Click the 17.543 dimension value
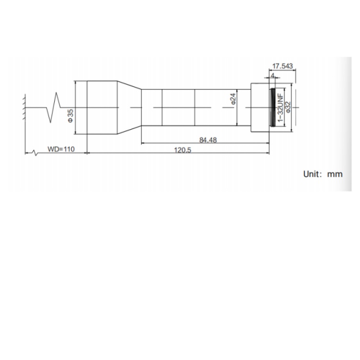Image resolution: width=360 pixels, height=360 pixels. pos(282,66)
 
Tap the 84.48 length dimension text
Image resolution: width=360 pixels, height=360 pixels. pos(208,140)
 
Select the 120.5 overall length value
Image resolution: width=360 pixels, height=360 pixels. pos(182,150)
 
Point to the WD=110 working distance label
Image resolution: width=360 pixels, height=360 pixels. pos(61,149)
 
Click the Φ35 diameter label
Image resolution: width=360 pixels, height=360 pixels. pos(71,116)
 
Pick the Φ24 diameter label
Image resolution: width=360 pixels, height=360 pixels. pos(233,99)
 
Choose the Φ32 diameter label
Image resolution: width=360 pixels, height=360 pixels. pos(288,107)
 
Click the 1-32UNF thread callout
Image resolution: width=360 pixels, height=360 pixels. pos(281,108)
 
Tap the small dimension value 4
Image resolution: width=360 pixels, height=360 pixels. pos(273,75)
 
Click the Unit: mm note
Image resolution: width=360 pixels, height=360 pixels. pos(323,174)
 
